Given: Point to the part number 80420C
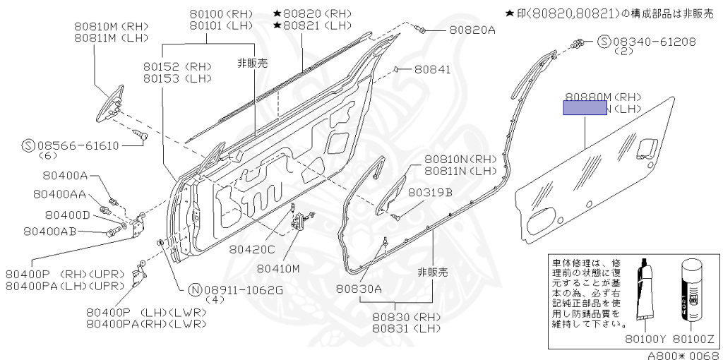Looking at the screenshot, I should pyautogui.click(x=252, y=248).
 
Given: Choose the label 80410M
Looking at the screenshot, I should pyautogui.click(x=278, y=268).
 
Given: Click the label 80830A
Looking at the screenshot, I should pyautogui.click(x=359, y=288).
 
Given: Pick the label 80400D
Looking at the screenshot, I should pyautogui.click(x=68, y=215).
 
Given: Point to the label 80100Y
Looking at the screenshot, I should pyautogui.click(x=645, y=338).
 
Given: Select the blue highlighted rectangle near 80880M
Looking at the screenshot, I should pyautogui.click(x=584, y=107).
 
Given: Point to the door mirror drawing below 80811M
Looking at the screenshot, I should pyautogui.click(x=112, y=103).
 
